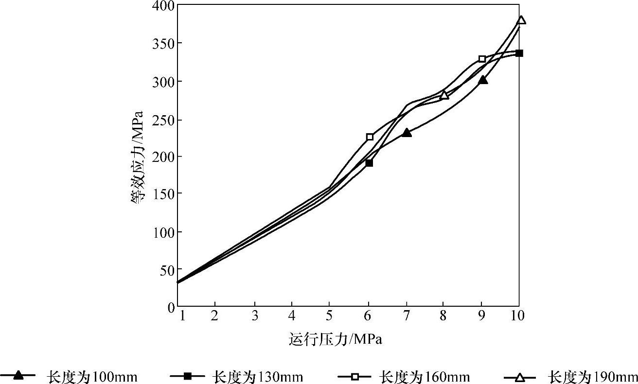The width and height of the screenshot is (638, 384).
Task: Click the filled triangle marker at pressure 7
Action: [407, 133]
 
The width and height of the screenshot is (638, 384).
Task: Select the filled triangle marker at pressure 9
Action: [483, 80]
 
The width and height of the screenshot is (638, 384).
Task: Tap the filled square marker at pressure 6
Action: [369, 163]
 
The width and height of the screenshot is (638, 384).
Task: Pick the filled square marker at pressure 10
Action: [519, 53]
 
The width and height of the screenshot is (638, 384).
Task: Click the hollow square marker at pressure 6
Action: [370, 137]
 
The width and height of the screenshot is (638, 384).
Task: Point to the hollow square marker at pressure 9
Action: [482, 59]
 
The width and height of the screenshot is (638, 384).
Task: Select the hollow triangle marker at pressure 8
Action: [444, 95]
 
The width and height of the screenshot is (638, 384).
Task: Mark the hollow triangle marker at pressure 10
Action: [521, 20]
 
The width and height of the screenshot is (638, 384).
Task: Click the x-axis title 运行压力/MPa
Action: [336, 339]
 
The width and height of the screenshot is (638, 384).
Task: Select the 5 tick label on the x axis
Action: [329, 316]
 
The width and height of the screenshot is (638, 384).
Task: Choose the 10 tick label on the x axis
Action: [518, 316]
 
